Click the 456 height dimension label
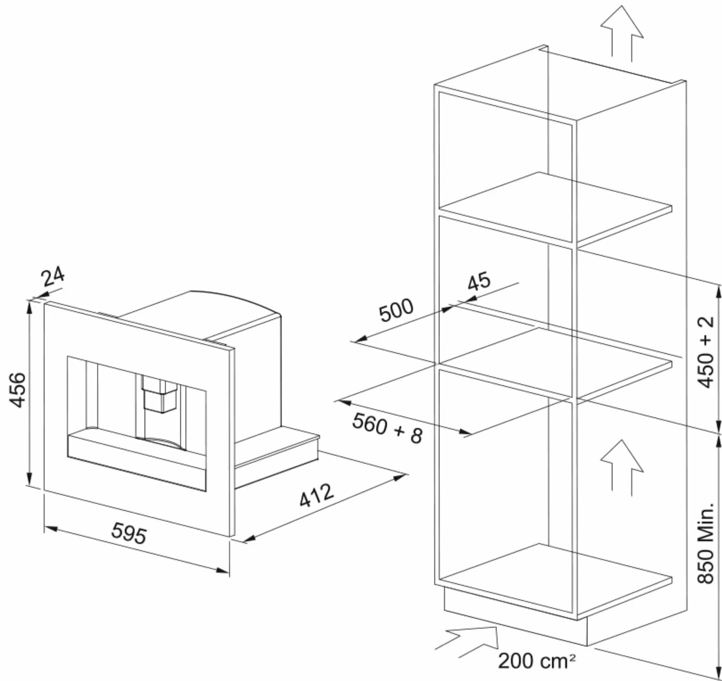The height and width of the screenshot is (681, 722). click(18, 390)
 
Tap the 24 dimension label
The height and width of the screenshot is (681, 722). click(53, 277)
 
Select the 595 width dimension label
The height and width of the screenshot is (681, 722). click(129, 533)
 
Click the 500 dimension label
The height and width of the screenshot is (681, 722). click(396, 310)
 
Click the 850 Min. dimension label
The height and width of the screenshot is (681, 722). click(706, 543)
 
